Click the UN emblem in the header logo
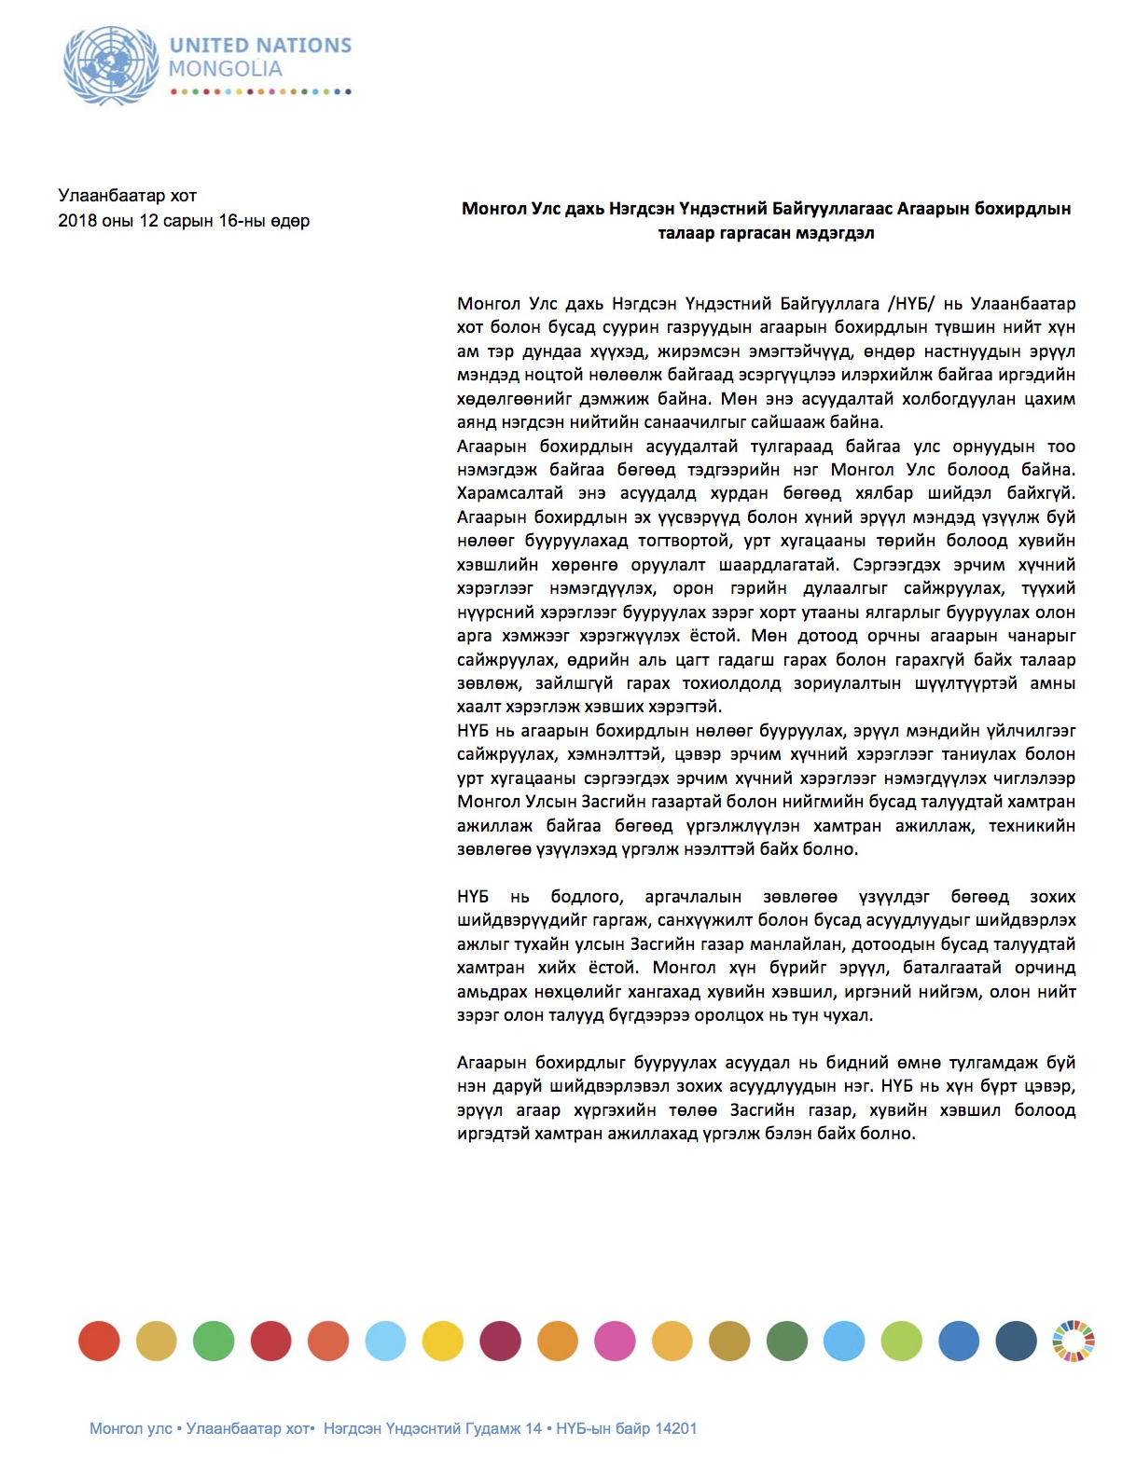(x=111, y=65)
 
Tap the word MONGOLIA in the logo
(x=225, y=69)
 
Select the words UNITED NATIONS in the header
(x=260, y=45)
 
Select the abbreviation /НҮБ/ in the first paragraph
(x=911, y=304)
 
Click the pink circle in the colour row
(x=615, y=1342)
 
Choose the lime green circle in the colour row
(x=901, y=1342)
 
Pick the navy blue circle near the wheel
(x=1016, y=1342)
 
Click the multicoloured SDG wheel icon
(x=1074, y=1342)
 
